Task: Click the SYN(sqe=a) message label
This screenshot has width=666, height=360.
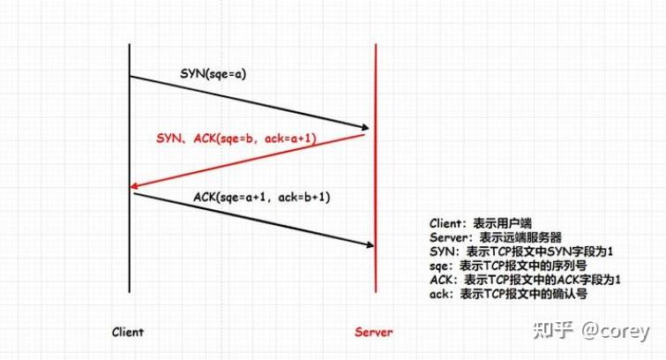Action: (213, 73)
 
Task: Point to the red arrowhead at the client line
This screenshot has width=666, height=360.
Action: (134, 186)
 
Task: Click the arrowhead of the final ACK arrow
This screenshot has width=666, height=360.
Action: (370, 245)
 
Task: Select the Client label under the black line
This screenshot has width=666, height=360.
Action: (128, 333)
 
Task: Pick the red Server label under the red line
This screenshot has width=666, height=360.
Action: (374, 333)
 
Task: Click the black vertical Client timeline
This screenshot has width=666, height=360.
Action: (129, 265)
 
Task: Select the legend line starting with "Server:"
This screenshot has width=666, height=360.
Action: (494, 237)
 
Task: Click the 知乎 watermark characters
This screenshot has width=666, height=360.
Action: (553, 331)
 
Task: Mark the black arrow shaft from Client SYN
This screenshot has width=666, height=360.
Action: (247, 101)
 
